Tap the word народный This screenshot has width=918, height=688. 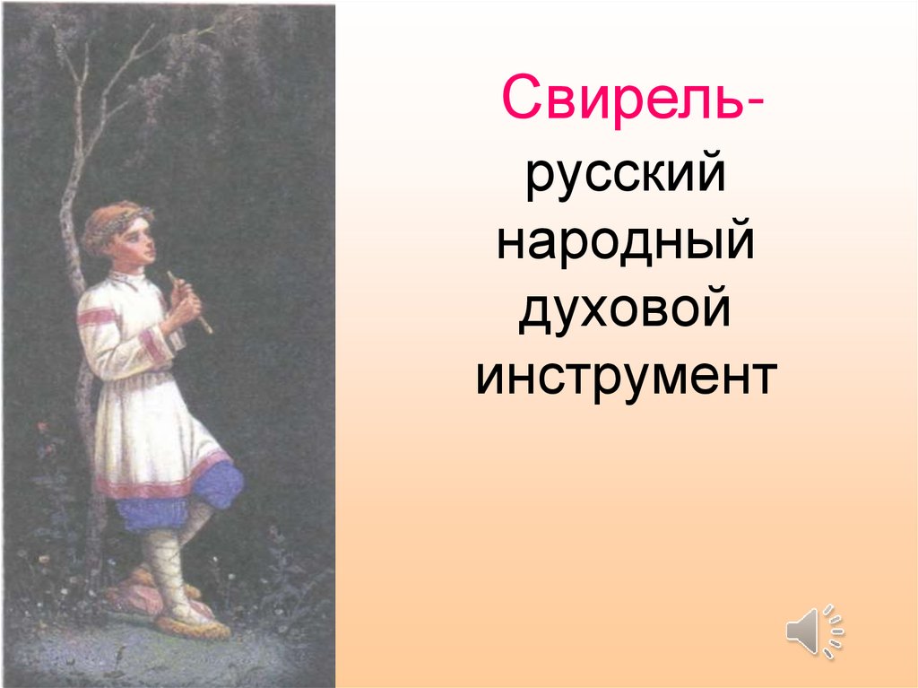(625, 245)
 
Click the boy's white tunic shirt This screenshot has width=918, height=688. (148, 395)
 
